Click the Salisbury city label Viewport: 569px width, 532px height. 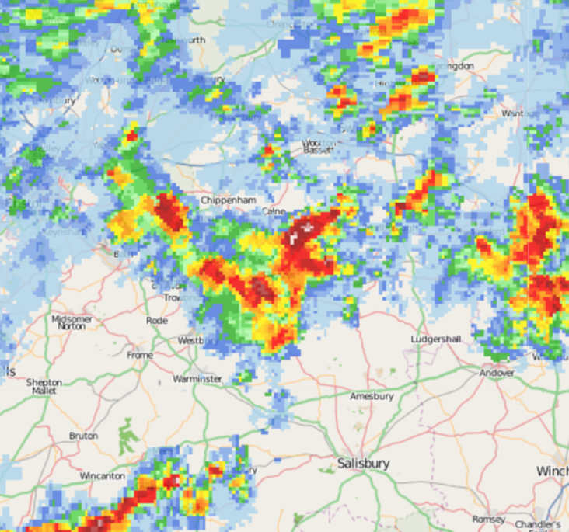point(364,464)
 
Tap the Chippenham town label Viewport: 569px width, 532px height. point(229,200)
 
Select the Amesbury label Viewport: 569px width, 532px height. point(371,396)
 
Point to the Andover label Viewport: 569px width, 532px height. point(497,373)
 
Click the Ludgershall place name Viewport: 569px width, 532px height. point(436,339)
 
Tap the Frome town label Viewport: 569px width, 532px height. point(140,355)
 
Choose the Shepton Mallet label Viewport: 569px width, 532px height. point(44,386)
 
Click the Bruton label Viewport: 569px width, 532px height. point(83,436)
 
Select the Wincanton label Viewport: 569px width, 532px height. point(103,475)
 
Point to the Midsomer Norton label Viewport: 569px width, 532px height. point(72,322)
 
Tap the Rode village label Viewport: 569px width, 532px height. point(156,320)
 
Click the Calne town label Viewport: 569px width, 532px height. point(274,211)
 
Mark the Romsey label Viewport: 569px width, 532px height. point(489,519)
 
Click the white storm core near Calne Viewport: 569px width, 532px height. point(303,231)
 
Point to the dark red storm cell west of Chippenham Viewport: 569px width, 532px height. point(170,212)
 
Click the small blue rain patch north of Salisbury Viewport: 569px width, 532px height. point(281,401)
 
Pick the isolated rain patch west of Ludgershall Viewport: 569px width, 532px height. point(350,310)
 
